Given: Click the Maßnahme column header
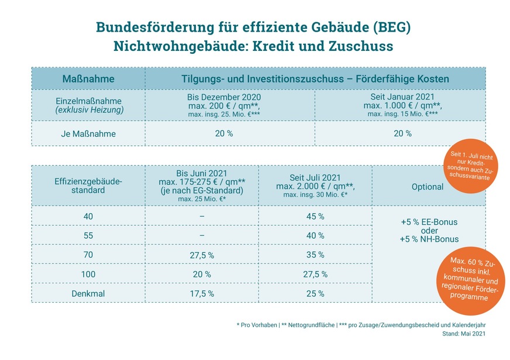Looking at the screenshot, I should [x=88, y=78].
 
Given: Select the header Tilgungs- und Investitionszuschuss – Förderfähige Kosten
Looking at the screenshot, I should [x=315, y=78].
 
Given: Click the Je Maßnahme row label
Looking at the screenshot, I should [x=88, y=133].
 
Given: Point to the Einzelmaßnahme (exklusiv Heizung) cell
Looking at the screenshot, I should [x=88, y=105].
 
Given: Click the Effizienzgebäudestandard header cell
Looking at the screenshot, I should [x=88, y=186].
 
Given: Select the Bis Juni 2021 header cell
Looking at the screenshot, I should [x=201, y=186].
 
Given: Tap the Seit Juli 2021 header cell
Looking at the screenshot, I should [x=315, y=186].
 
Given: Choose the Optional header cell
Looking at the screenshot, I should [x=428, y=186].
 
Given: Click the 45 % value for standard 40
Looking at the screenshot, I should [x=315, y=217].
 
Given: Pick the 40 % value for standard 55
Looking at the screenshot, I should [x=315, y=235].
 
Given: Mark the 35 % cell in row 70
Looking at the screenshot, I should [x=315, y=255].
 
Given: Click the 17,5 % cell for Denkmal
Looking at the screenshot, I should [x=201, y=293].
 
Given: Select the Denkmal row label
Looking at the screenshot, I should [x=88, y=293].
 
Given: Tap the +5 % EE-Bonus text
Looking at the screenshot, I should [x=428, y=222].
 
